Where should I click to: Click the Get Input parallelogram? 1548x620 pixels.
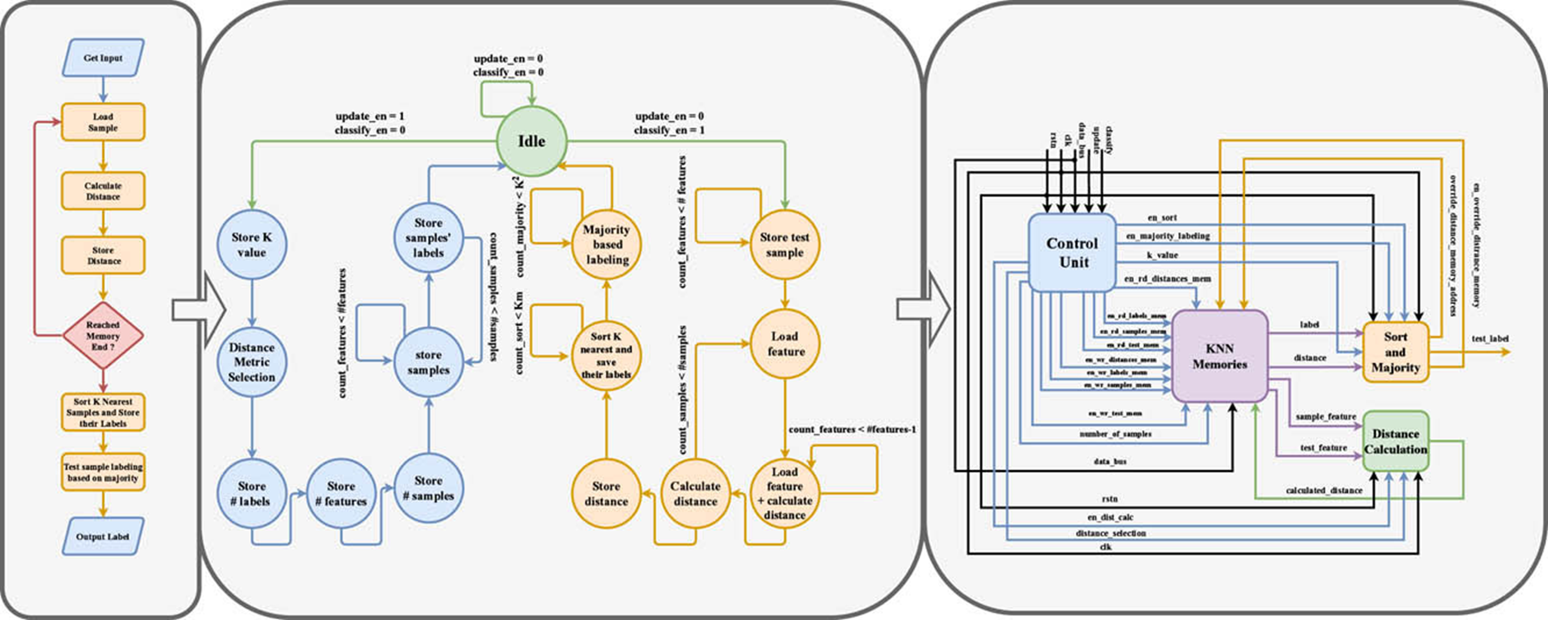103,58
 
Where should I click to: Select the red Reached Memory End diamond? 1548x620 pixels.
103,335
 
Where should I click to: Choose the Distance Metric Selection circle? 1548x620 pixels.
251,362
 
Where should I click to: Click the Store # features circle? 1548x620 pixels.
341,494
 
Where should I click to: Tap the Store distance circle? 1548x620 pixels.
606,494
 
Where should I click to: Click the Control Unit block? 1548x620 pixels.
1073,253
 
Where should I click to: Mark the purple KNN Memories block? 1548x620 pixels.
1220,356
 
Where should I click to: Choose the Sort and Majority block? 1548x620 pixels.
1396,352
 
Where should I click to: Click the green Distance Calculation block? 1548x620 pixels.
1396,441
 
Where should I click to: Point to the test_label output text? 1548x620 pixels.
1490,338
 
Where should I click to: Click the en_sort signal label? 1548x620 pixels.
1162,218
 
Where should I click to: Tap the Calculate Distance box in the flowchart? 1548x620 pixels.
103,191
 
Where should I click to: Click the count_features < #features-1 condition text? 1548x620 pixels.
852,429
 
